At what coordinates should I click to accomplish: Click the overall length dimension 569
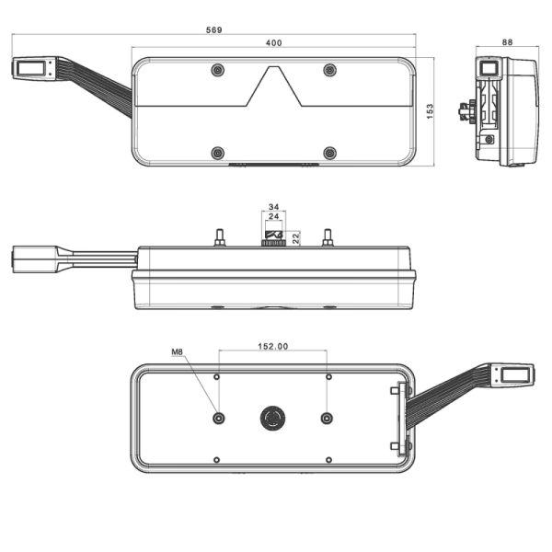coord(213,29)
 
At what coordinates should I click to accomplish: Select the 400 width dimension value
coord(273,43)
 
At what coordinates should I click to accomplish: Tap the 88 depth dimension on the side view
coord(508,42)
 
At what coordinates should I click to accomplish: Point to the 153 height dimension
coord(430,111)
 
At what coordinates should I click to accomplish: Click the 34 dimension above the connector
coord(273,207)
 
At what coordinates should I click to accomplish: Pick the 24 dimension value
coord(273,218)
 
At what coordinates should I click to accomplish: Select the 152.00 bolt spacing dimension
coord(272,347)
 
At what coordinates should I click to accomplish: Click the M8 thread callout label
coord(178,351)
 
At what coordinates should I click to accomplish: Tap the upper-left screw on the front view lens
coord(217,71)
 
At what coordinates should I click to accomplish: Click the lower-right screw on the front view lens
coord(329,153)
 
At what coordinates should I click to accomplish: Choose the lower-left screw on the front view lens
coord(217,153)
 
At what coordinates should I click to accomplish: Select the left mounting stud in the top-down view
coord(220,237)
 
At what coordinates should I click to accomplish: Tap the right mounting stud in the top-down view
coord(328,237)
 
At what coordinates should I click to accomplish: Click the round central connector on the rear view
coord(272,419)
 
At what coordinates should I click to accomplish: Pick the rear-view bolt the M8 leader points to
coord(218,419)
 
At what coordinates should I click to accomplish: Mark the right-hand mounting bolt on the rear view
coord(327,419)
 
